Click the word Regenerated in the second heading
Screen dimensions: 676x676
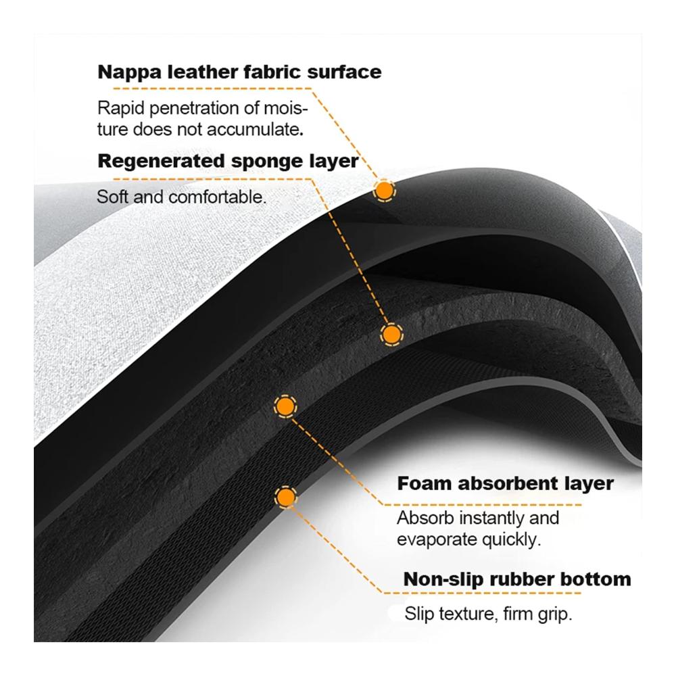click(162, 162)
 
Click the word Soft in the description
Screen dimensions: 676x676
click(112, 197)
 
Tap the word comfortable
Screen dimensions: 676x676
click(216, 197)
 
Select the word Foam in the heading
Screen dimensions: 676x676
click(425, 483)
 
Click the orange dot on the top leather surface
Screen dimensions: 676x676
click(384, 190)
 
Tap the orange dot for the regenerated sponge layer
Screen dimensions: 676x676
click(391, 335)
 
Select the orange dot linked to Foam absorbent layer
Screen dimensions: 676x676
click(285, 406)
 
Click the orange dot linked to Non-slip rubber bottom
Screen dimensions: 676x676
click(285, 498)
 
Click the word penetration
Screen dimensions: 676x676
click(195, 108)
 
